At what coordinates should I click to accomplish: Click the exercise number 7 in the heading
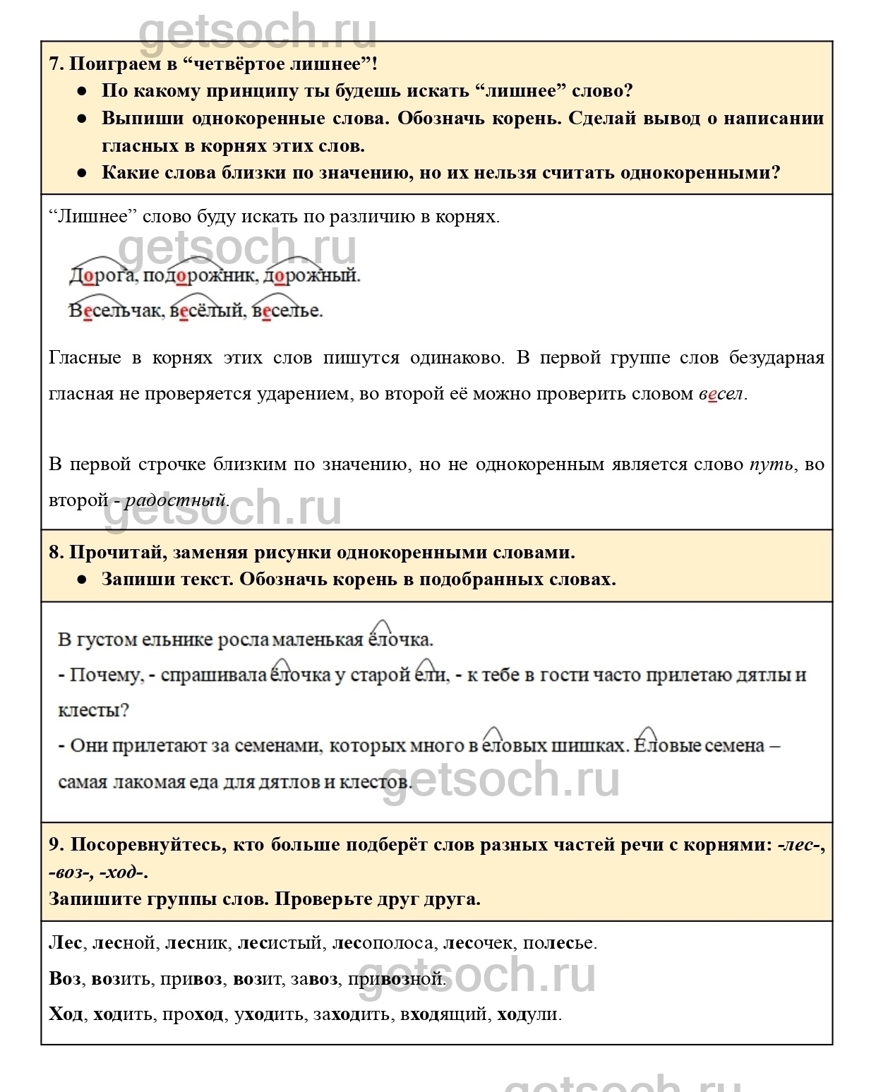pyautogui.click(x=55, y=64)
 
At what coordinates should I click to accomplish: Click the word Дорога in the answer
pyautogui.click(x=102, y=276)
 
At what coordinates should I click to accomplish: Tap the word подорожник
pyautogui.click(x=199, y=276)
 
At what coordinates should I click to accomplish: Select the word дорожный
pyautogui.click(x=311, y=276)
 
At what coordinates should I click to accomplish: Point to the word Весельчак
pyautogui.click(x=115, y=311)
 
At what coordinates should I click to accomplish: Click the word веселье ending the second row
pyautogui.click(x=287, y=311)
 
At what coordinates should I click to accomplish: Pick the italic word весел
pyautogui.click(x=721, y=394)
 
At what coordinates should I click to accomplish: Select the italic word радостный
pyautogui.click(x=175, y=500)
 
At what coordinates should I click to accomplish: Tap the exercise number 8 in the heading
pyautogui.click(x=55, y=553)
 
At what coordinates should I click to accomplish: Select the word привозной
pyautogui.click(x=396, y=979)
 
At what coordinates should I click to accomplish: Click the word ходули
pyautogui.click(x=528, y=1015)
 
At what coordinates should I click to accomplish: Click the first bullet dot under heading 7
pyautogui.click(x=82, y=92)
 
